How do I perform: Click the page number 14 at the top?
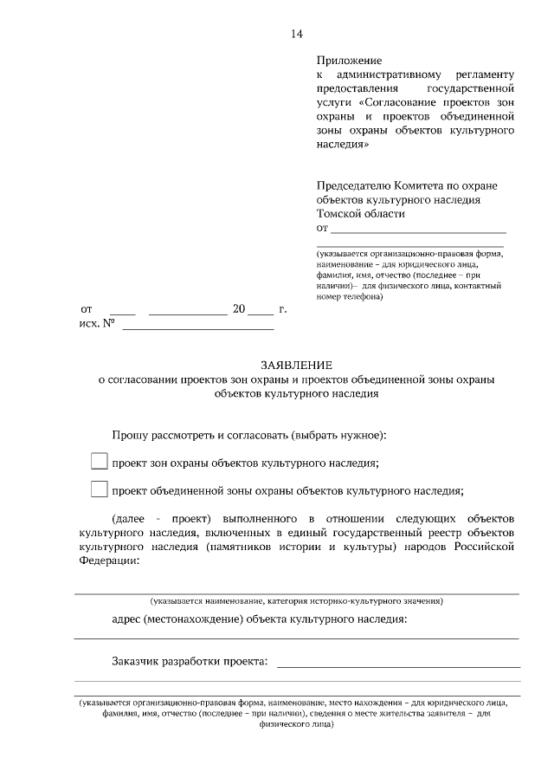[297, 34]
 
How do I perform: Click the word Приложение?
[349, 60]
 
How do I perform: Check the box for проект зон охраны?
[99, 462]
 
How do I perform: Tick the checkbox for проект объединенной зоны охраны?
[99, 489]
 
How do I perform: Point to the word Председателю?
[355, 185]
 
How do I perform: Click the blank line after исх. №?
[198, 327]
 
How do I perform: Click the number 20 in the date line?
[240, 309]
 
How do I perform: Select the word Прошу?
[129, 434]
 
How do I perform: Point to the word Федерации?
[107, 561]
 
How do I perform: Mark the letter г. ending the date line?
[283, 309]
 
